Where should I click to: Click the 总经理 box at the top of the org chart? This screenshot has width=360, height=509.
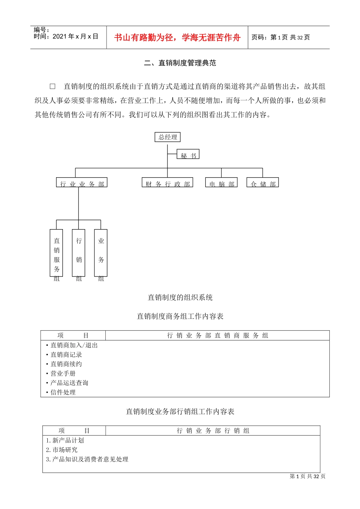167,137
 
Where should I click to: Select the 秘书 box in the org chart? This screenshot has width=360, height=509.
188,155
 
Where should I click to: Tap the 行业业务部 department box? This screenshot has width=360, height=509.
82,183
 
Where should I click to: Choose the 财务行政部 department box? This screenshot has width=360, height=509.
167,183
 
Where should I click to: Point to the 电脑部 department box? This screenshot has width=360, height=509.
222,183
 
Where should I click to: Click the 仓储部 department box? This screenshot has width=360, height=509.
263,183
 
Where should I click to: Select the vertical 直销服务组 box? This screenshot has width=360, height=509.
56,253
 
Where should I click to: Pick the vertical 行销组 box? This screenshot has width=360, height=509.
79,253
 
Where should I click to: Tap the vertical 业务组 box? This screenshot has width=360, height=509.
101,253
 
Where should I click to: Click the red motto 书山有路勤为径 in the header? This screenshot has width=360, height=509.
177,37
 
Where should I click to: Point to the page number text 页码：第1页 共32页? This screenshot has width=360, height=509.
281,37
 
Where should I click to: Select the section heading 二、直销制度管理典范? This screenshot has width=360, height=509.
180,63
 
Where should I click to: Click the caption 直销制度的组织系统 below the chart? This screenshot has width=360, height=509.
180,298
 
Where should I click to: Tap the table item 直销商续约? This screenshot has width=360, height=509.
66,364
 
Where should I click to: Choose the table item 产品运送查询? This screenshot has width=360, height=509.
69,383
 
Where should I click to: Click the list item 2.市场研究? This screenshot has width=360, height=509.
62,450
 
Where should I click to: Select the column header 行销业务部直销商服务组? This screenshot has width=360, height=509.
218,336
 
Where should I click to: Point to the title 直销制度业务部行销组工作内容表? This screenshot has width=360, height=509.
180,412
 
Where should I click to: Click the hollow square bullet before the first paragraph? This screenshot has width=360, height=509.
53,87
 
